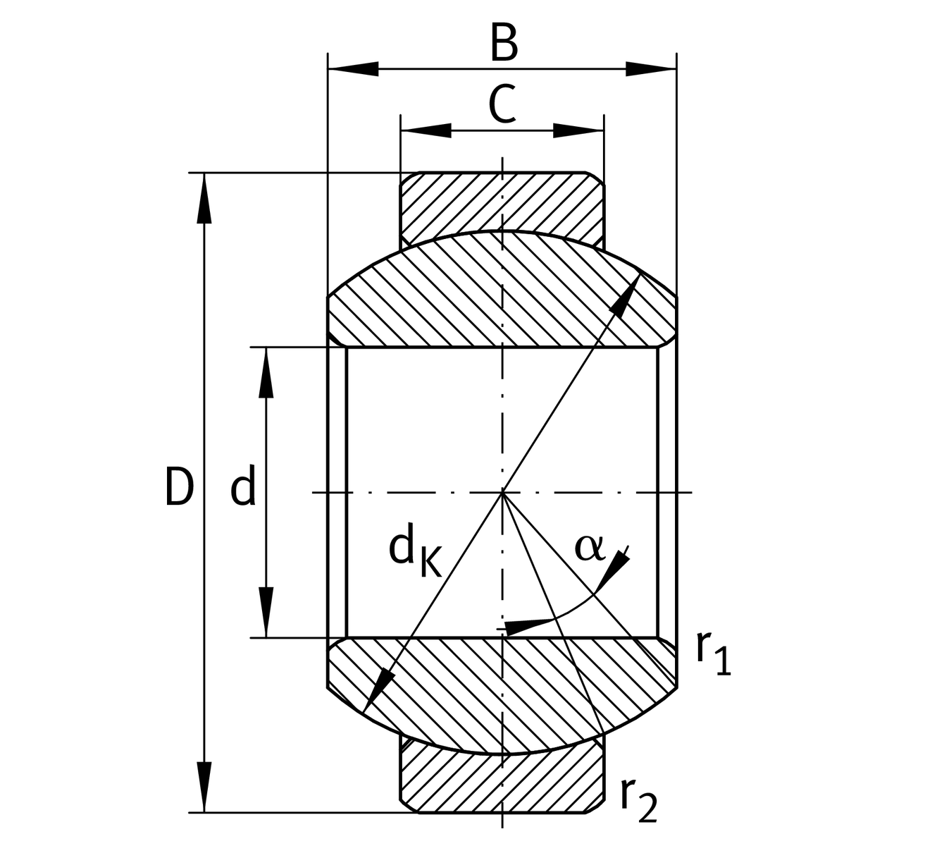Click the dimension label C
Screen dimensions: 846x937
click(503, 105)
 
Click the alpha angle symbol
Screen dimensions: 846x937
click(590, 547)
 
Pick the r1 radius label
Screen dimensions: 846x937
click(713, 652)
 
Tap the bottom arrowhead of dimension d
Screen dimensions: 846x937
click(266, 613)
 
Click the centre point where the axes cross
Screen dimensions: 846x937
click(502, 492)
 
